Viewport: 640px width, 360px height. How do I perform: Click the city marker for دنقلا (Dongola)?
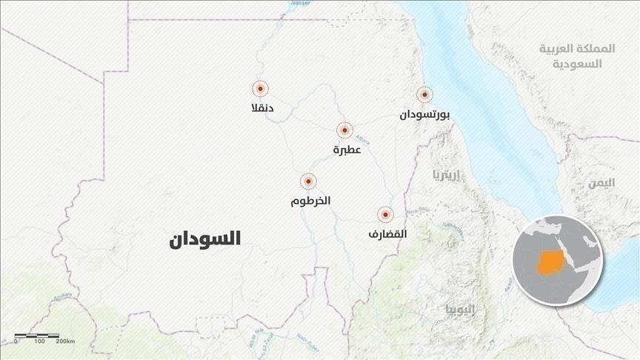coord(260,89)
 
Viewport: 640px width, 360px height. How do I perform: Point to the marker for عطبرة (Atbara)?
coord(344,130)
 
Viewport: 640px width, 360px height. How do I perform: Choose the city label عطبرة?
coord(347,150)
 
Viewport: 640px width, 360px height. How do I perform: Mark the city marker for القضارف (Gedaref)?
coord(385,215)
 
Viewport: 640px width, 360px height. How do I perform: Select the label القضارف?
coord(387,234)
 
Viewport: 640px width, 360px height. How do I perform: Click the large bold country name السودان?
coord(204,239)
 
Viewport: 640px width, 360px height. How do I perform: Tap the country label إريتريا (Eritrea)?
coord(446,176)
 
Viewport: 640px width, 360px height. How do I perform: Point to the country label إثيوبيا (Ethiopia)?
coord(461,308)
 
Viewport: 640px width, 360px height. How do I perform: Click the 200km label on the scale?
coord(65,342)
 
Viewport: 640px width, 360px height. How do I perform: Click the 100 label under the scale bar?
coord(39,342)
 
